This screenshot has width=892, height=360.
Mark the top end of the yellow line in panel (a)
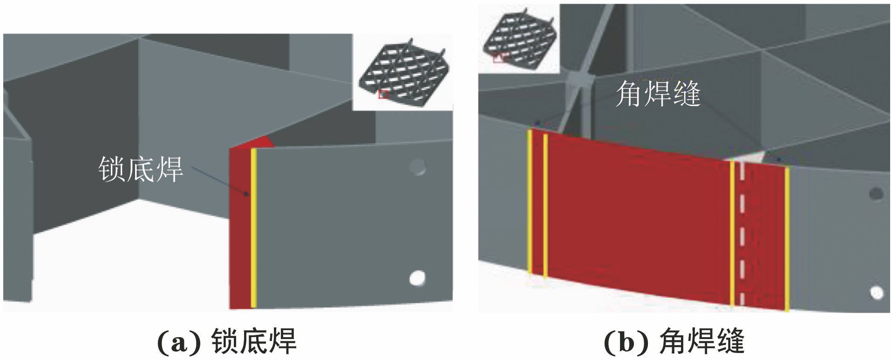tap(253, 149)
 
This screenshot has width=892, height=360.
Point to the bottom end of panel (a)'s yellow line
tap(253, 307)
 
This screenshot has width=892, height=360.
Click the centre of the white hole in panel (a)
tap(417, 278)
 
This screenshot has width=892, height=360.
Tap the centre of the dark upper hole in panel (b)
tap(876, 194)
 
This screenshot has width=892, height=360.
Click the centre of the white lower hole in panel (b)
tap(877, 293)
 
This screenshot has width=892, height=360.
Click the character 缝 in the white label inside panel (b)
tap(686, 94)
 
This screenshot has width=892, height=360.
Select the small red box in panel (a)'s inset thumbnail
tap(383, 94)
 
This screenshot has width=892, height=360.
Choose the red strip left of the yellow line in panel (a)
tap(240, 228)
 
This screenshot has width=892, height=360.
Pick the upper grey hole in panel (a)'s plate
tap(418, 168)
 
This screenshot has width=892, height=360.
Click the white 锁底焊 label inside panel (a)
tap(141, 169)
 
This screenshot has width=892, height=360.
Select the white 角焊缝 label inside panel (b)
tap(658, 94)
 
